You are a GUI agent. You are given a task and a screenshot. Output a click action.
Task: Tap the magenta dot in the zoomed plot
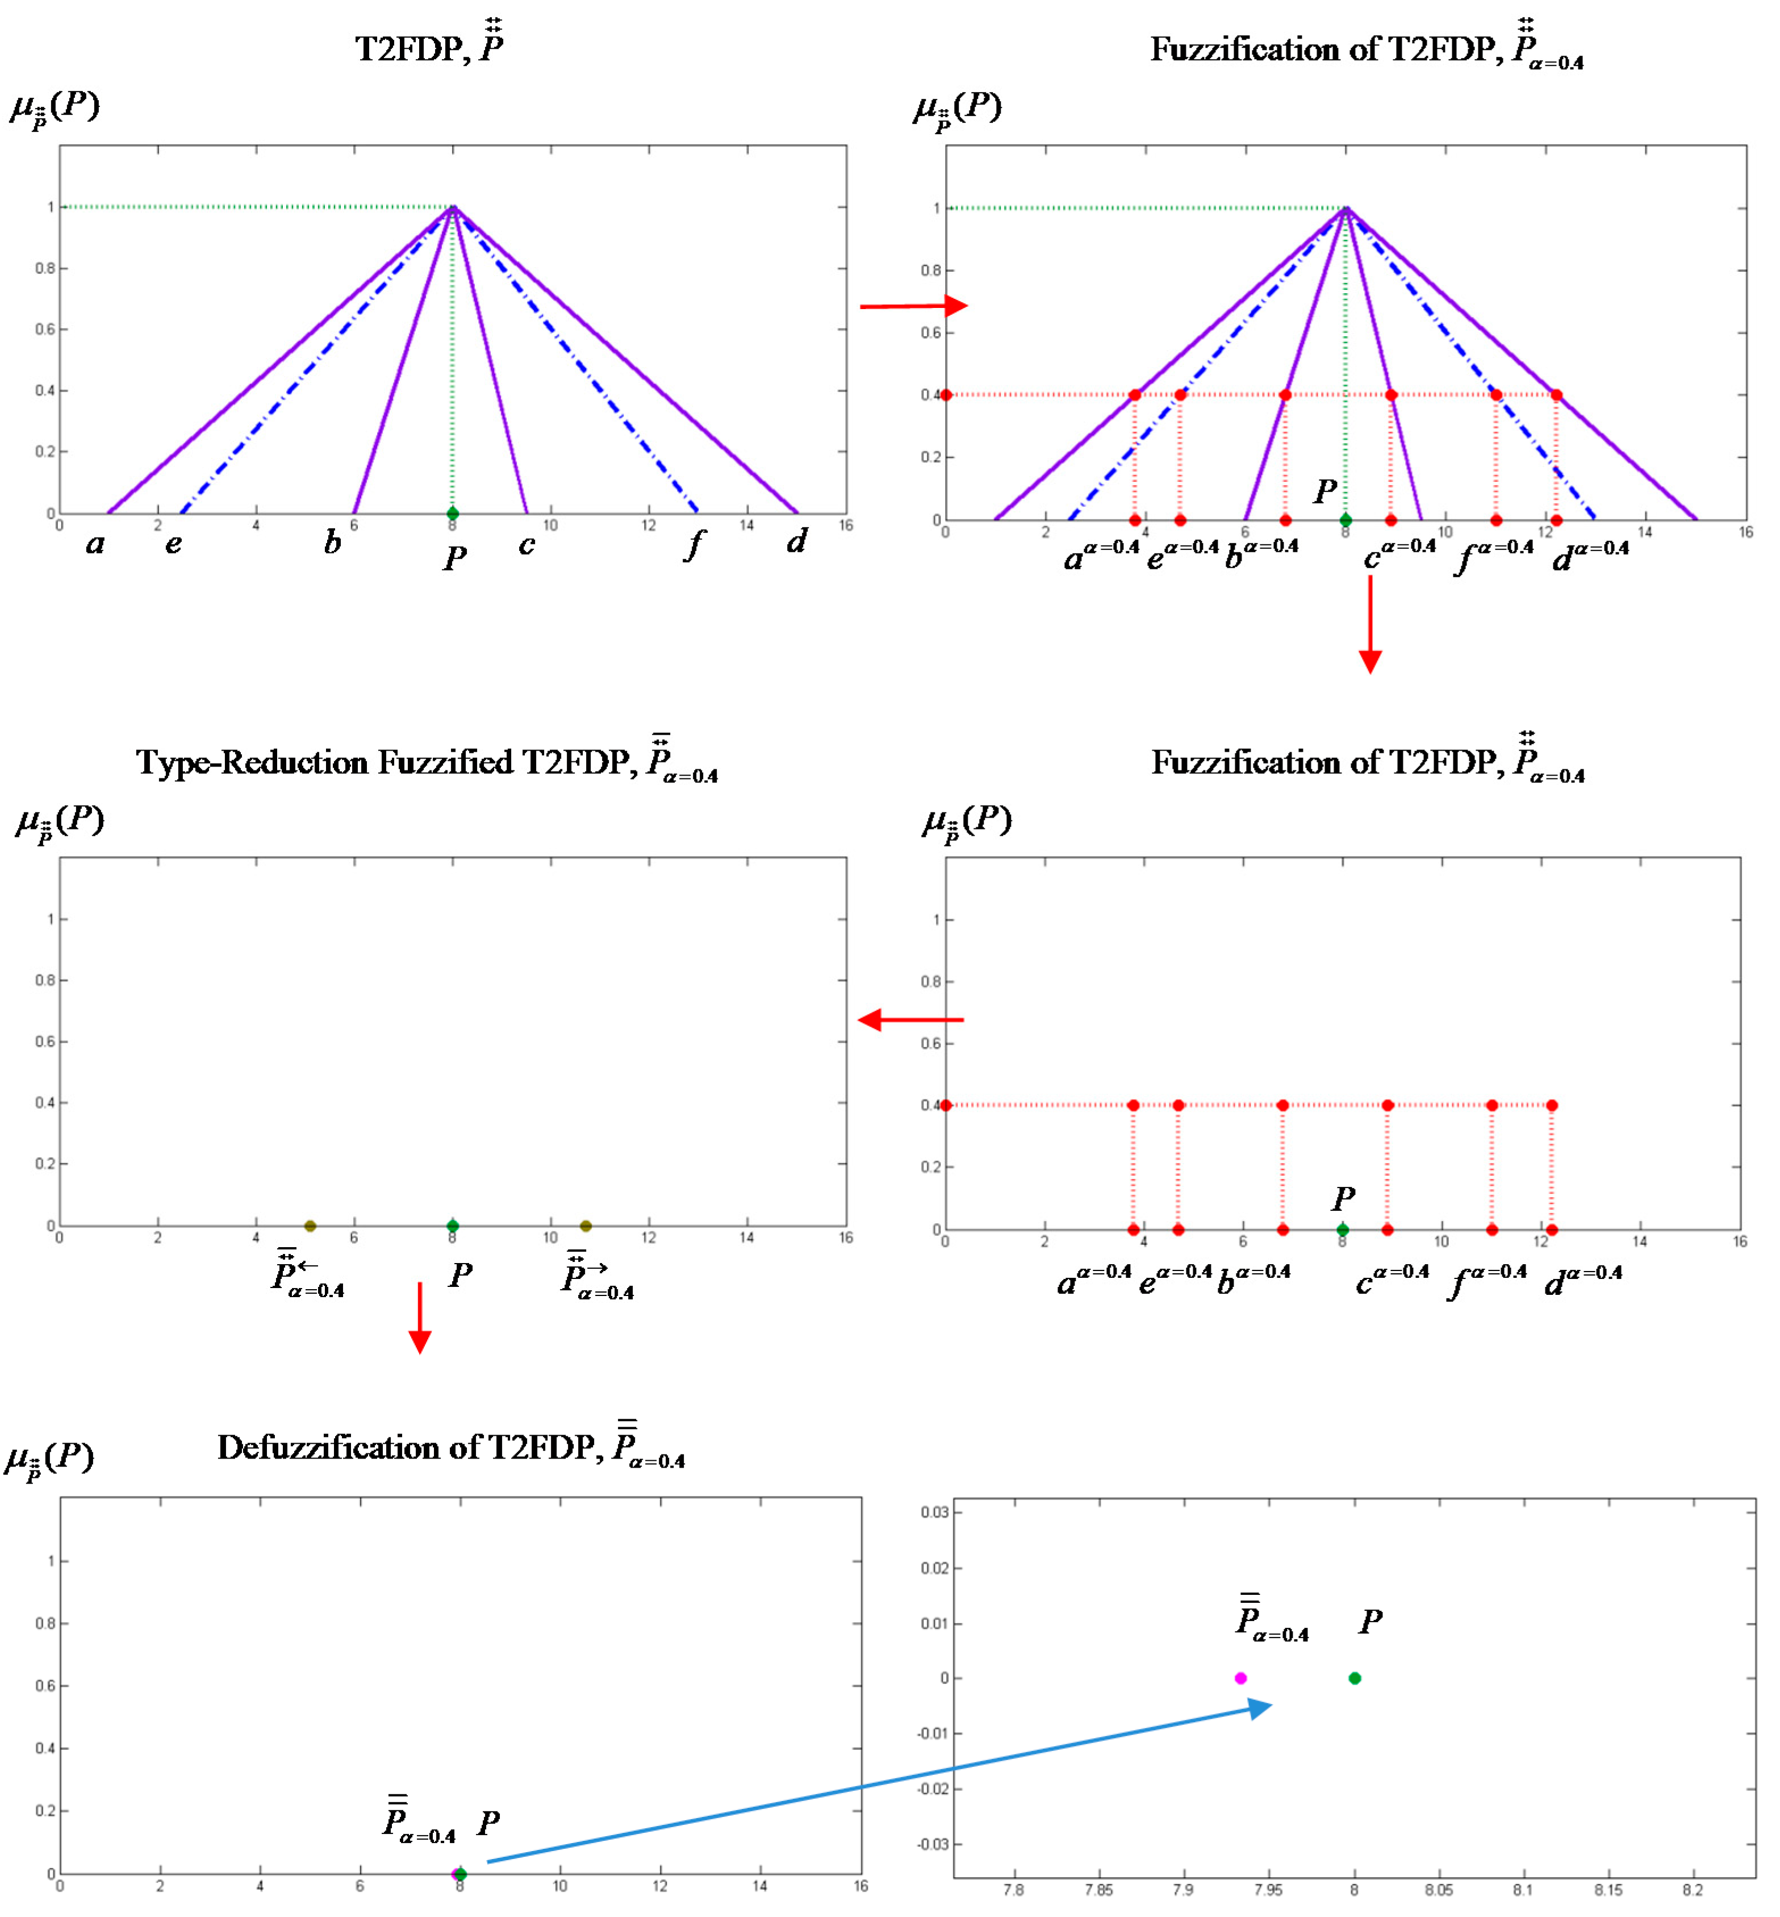pyautogui.click(x=1240, y=1678)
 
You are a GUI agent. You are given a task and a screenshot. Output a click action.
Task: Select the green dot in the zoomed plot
pyautogui.click(x=1354, y=1678)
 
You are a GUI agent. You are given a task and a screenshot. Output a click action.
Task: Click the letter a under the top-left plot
pyautogui.click(x=94, y=545)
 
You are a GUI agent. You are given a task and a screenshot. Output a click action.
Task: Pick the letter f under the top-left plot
pyautogui.click(x=693, y=545)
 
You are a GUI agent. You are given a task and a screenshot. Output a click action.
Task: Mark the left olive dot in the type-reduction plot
pyautogui.click(x=310, y=1226)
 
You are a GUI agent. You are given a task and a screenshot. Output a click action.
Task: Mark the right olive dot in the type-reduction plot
pyautogui.click(x=586, y=1226)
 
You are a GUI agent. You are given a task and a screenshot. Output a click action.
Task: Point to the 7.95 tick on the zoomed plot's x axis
pyautogui.click(x=1268, y=1890)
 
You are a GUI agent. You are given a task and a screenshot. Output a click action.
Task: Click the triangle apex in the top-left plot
pyautogui.click(x=453, y=207)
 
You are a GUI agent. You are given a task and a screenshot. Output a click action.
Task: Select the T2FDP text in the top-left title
pyautogui.click(x=408, y=49)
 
